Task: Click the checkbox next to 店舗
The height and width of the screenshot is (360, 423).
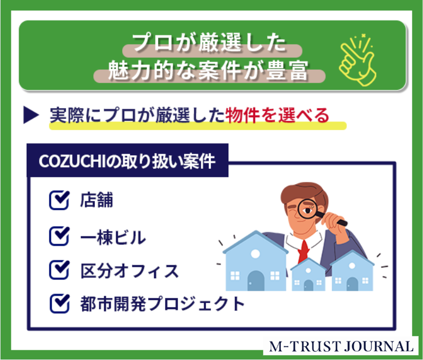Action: coord(59,200)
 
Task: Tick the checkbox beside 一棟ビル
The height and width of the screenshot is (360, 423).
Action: coord(59,236)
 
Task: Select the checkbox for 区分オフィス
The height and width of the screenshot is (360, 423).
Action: coord(59,270)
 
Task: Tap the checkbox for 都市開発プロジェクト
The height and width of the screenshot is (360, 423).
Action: coord(59,303)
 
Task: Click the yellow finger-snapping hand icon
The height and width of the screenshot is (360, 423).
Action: coord(358,60)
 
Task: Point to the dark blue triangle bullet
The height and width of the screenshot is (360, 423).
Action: coord(31,115)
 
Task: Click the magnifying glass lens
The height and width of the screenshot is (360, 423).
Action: coord(307,209)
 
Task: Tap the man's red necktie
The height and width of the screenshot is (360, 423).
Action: coord(304,252)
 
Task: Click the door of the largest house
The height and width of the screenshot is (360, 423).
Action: coord(256,281)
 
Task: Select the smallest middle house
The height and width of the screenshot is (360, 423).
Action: coord(308,275)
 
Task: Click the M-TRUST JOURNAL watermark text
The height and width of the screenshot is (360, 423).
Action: coord(341,346)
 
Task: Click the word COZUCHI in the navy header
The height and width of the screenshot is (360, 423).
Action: coord(72,162)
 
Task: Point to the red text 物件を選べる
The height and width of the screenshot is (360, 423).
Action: coord(277,115)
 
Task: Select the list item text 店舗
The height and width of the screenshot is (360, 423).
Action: coord(96,200)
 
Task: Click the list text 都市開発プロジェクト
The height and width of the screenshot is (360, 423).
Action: coord(162,304)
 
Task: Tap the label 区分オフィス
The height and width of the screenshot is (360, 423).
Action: coord(130,271)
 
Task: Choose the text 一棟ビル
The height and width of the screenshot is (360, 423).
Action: coord(113,237)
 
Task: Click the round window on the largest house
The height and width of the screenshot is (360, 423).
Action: coord(255,254)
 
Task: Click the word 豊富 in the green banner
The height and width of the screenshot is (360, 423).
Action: coord(287,70)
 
